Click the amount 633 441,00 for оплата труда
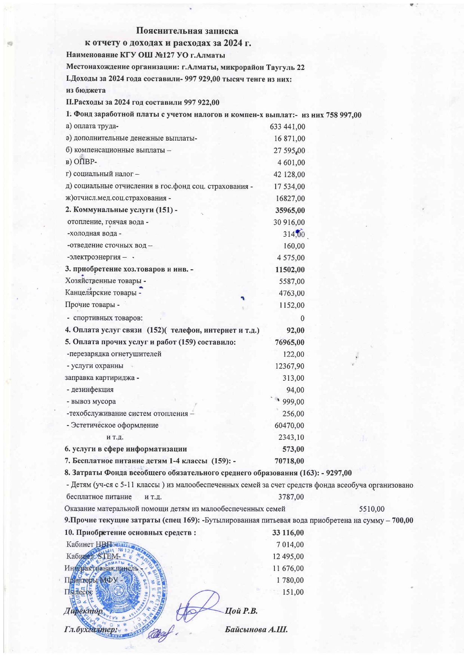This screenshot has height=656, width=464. [287, 127]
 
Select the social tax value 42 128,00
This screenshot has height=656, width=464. [289, 174]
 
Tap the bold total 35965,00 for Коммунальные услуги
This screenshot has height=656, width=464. [290, 210]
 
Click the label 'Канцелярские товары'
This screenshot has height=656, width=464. [101, 293]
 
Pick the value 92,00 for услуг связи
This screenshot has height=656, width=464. [295, 330]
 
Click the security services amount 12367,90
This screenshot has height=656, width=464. [289, 366]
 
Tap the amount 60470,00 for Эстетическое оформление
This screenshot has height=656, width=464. [289, 425]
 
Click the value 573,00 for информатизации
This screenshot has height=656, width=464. [293, 449]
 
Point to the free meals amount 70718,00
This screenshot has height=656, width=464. [289, 461]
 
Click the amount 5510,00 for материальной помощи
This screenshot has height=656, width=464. [371, 509]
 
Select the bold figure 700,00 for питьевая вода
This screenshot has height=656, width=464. [403, 521]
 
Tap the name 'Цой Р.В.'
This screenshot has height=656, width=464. [241, 611]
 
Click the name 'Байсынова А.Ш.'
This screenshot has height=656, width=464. [256, 629]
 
